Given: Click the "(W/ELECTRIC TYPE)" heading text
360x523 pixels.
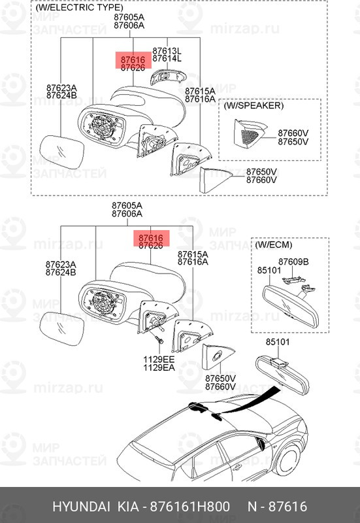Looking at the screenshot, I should tap(79, 8).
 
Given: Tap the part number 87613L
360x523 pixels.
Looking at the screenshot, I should tap(167, 50).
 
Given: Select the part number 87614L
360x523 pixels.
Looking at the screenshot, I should tap(167, 59).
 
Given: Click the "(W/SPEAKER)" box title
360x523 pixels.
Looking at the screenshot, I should tap(254, 105).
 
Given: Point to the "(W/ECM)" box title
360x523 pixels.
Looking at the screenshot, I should tap(271, 245).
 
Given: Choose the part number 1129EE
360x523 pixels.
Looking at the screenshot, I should tap(159, 360).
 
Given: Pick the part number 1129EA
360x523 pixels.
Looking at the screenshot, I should tap(159, 368).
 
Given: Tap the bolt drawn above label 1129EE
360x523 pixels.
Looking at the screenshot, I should tap(159, 343).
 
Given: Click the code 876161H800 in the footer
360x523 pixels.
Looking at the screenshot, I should tap(190, 507).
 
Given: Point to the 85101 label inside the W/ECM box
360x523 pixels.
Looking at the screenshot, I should tap(269, 268).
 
